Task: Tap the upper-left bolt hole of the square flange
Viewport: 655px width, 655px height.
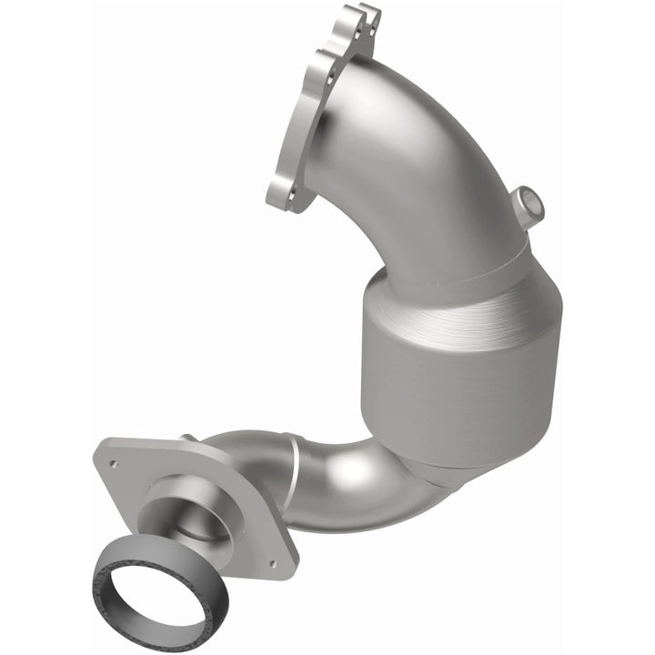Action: (114, 464)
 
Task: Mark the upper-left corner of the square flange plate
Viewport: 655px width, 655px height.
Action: (102, 446)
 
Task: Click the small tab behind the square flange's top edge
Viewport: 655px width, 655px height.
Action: (190, 439)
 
